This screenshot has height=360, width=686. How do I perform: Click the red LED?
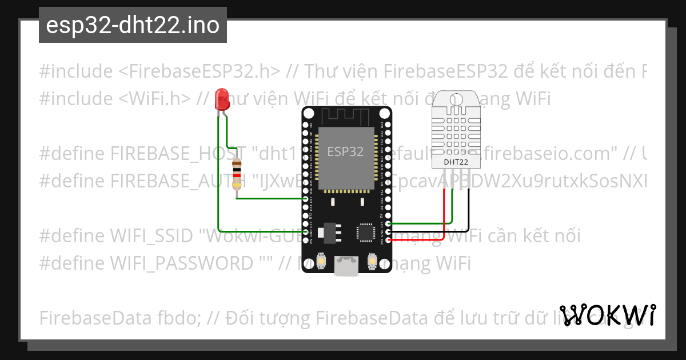click(221, 100)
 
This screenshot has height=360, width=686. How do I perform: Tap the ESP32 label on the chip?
click(345, 152)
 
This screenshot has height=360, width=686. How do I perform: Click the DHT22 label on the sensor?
click(456, 162)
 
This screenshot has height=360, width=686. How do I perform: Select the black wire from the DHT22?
click(469, 211)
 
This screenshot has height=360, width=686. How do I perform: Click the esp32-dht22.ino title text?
click(133, 26)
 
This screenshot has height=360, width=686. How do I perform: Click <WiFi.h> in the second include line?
click(155, 98)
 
